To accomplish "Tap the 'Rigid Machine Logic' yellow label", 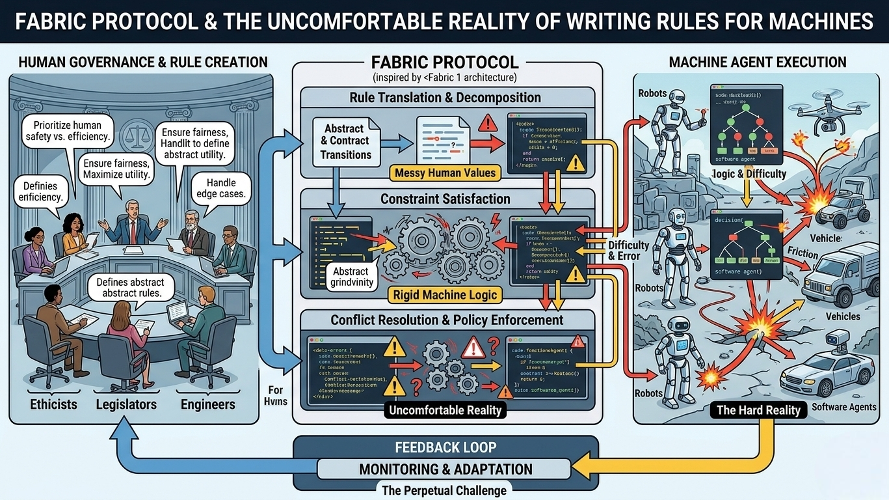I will tap(445, 295).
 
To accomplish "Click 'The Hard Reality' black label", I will tap(758, 410).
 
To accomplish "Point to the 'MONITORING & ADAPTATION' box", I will tap(445, 469).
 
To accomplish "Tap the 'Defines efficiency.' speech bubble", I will tap(41, 191).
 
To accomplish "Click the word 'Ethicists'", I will tap(53, 404).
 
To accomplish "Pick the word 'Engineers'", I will tap(208, 404).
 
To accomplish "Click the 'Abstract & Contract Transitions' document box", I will tap(345, 141).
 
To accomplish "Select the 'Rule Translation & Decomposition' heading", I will tap(445, 98).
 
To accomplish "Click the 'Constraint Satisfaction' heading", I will tap(445, 199).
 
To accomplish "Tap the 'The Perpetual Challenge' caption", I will tap(445, 490).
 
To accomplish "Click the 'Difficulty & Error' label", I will tap(628, 251).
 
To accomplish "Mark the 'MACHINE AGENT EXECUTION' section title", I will tap(758, 62).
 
